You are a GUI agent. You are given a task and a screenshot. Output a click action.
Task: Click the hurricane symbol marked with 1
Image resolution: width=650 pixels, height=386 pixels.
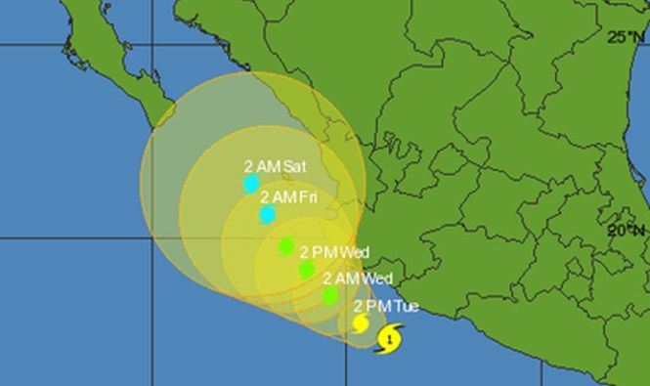[x=390, y=339]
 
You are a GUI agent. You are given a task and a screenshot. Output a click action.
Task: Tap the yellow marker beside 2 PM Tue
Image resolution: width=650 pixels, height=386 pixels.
[x=361, y=322]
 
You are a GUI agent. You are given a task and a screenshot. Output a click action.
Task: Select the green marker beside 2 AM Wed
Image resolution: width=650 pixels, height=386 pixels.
[x=331, y=294]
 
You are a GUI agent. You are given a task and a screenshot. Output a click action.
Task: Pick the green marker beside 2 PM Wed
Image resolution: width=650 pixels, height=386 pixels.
[x=307, y=269]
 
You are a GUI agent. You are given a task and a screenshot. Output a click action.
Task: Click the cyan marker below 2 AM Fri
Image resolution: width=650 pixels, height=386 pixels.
[x=268, y=215]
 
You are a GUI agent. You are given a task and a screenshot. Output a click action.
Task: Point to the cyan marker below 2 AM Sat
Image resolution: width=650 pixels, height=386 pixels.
[x=251, y=183]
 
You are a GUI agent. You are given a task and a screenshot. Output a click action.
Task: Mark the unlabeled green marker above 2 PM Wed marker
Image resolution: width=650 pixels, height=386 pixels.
[x=285, y=245]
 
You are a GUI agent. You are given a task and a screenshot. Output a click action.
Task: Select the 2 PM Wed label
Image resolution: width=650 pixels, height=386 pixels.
[x=334, y=252]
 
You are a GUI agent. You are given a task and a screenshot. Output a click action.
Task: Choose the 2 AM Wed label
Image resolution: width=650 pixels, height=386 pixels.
[x=358, y=278]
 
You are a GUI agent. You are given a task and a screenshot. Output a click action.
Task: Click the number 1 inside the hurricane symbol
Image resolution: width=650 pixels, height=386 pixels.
[x=391, y=340]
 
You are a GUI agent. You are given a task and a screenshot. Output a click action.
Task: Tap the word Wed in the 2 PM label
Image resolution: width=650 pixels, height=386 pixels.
[x=355, y=252]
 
